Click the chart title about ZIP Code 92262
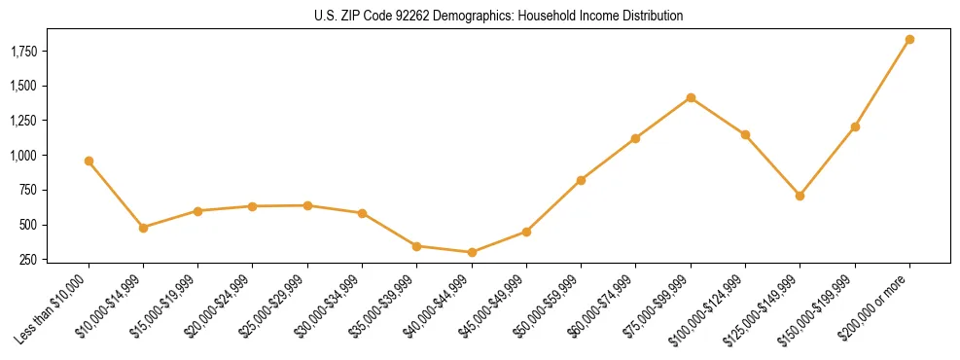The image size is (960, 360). point(498,16)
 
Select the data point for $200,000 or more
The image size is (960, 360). point(909,40)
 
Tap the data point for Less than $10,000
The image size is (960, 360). point(89,161)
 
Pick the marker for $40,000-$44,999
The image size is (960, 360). point(472,252)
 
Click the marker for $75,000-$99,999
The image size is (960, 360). point(691,97)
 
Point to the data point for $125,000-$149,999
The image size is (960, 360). point(800,196)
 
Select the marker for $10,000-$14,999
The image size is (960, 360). point(143,228)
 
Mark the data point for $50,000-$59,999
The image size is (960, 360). point(581,180)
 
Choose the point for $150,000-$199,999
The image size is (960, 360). point(855,126)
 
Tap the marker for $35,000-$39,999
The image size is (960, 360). point(417,246)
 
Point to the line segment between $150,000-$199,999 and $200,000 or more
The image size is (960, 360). point(882,84)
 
